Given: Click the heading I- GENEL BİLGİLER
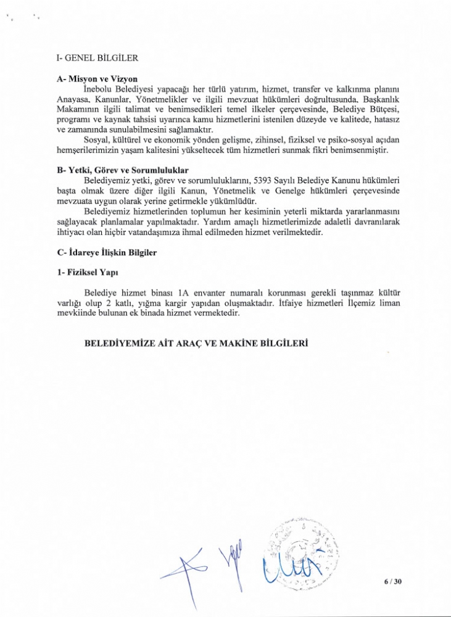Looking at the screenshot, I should (x=97, y=59).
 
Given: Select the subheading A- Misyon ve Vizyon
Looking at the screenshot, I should (x=96, y=79).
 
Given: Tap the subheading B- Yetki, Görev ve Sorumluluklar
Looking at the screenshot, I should (x=123, y=170).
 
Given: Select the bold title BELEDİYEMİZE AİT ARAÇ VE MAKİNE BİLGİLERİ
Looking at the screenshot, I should (x=196, y=343).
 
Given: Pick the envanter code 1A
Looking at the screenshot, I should (x=183, y=292).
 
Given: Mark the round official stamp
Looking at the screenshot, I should (x=300, y=551).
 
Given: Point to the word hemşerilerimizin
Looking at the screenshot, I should (x=90, y=150).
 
